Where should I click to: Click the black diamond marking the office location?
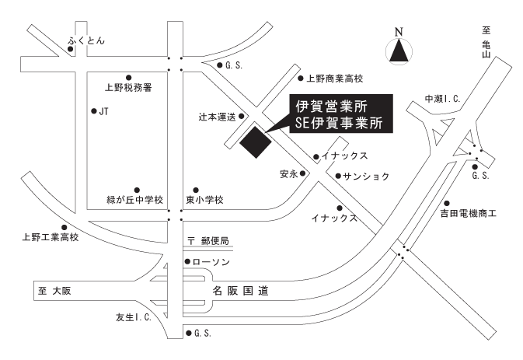click(x=256, y=142)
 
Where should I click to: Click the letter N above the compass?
click(x=399, y=32)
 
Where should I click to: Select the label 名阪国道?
click(x=240, y=291)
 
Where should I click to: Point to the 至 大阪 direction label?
click(x=54, y=291)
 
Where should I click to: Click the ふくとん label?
click(x=86, y=40)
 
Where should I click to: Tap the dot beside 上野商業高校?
click(x=301, y=79)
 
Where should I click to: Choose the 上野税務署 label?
click(x=128, y=87)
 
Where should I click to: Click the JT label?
click(x=103, y=111)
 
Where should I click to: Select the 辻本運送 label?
click(x=217, y=117)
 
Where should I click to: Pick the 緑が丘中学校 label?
click(x=134, y=200)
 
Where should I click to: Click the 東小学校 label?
click(x=204, y=200)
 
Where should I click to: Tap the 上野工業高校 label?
click(x=51, y=237)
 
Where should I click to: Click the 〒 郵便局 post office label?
click(x=208, y=240)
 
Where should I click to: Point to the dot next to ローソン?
click(x=187, y=262)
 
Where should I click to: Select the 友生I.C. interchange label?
click(x=134, y=317)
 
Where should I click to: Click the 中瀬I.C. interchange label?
click(x=442, y=99)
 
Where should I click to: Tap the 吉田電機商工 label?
click(x=469, y=213)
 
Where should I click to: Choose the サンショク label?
click(x=366, y=177)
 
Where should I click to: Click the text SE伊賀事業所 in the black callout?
click(x=339, y=123)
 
